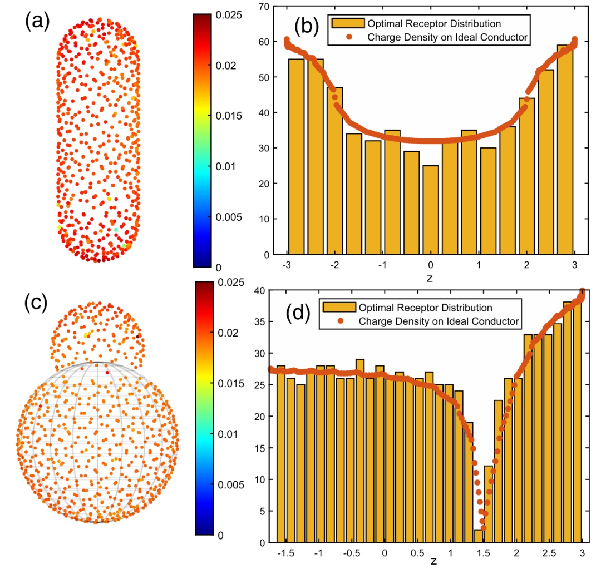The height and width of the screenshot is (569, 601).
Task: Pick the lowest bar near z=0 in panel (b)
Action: pyautogui.click(x=430, y=210)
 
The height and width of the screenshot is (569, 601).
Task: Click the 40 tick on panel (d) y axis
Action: pyautogui.click(x=263, y=290)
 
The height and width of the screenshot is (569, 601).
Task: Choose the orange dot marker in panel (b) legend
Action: pyautogui.click(x=348, y=38)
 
